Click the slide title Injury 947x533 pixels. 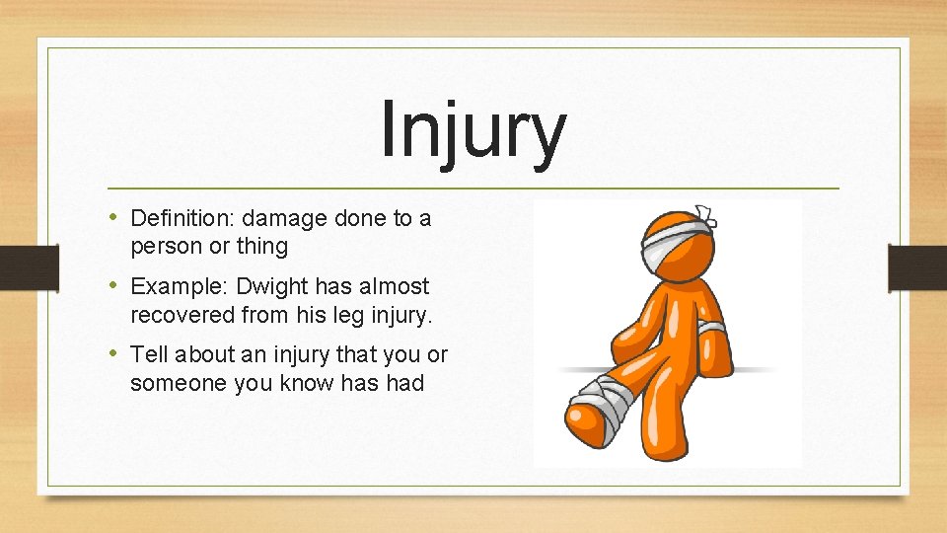473,131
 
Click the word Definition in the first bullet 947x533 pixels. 182,218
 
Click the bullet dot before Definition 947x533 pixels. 115,217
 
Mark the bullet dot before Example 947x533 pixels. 115,285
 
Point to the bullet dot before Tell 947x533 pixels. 115,352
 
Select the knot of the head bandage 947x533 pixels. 706,212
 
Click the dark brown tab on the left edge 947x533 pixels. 18,266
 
